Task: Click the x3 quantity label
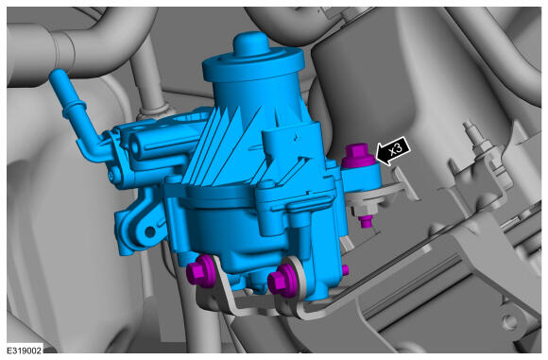click(396, 149)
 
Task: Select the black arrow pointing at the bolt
click(392, 151)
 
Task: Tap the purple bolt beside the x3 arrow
click(358, 156)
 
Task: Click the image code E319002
click(25, 351)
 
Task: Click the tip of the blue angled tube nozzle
click(57, 74)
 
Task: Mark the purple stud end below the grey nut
click(366, 222)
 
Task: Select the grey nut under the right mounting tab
click(365, 209)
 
